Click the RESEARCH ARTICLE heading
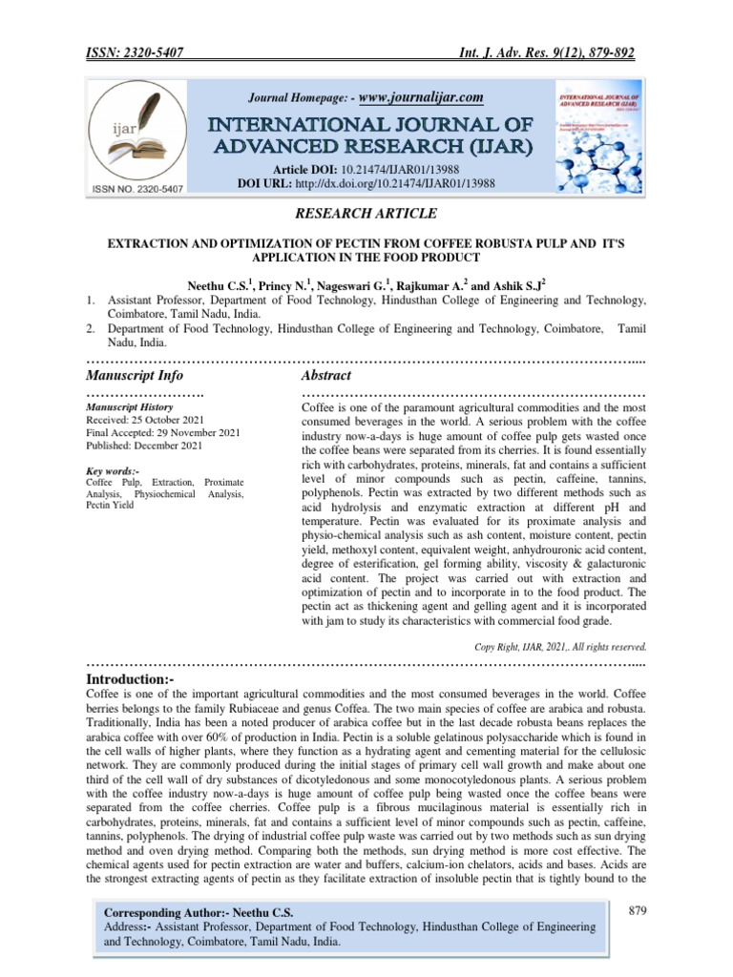pyautogui.click(x=366, y=214)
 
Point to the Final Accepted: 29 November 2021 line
pyautogui.click(x=163, y=433)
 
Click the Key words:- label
pyautogui.click(x=113, y=471)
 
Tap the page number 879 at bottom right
pyautogui.click(x=639, y=912)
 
